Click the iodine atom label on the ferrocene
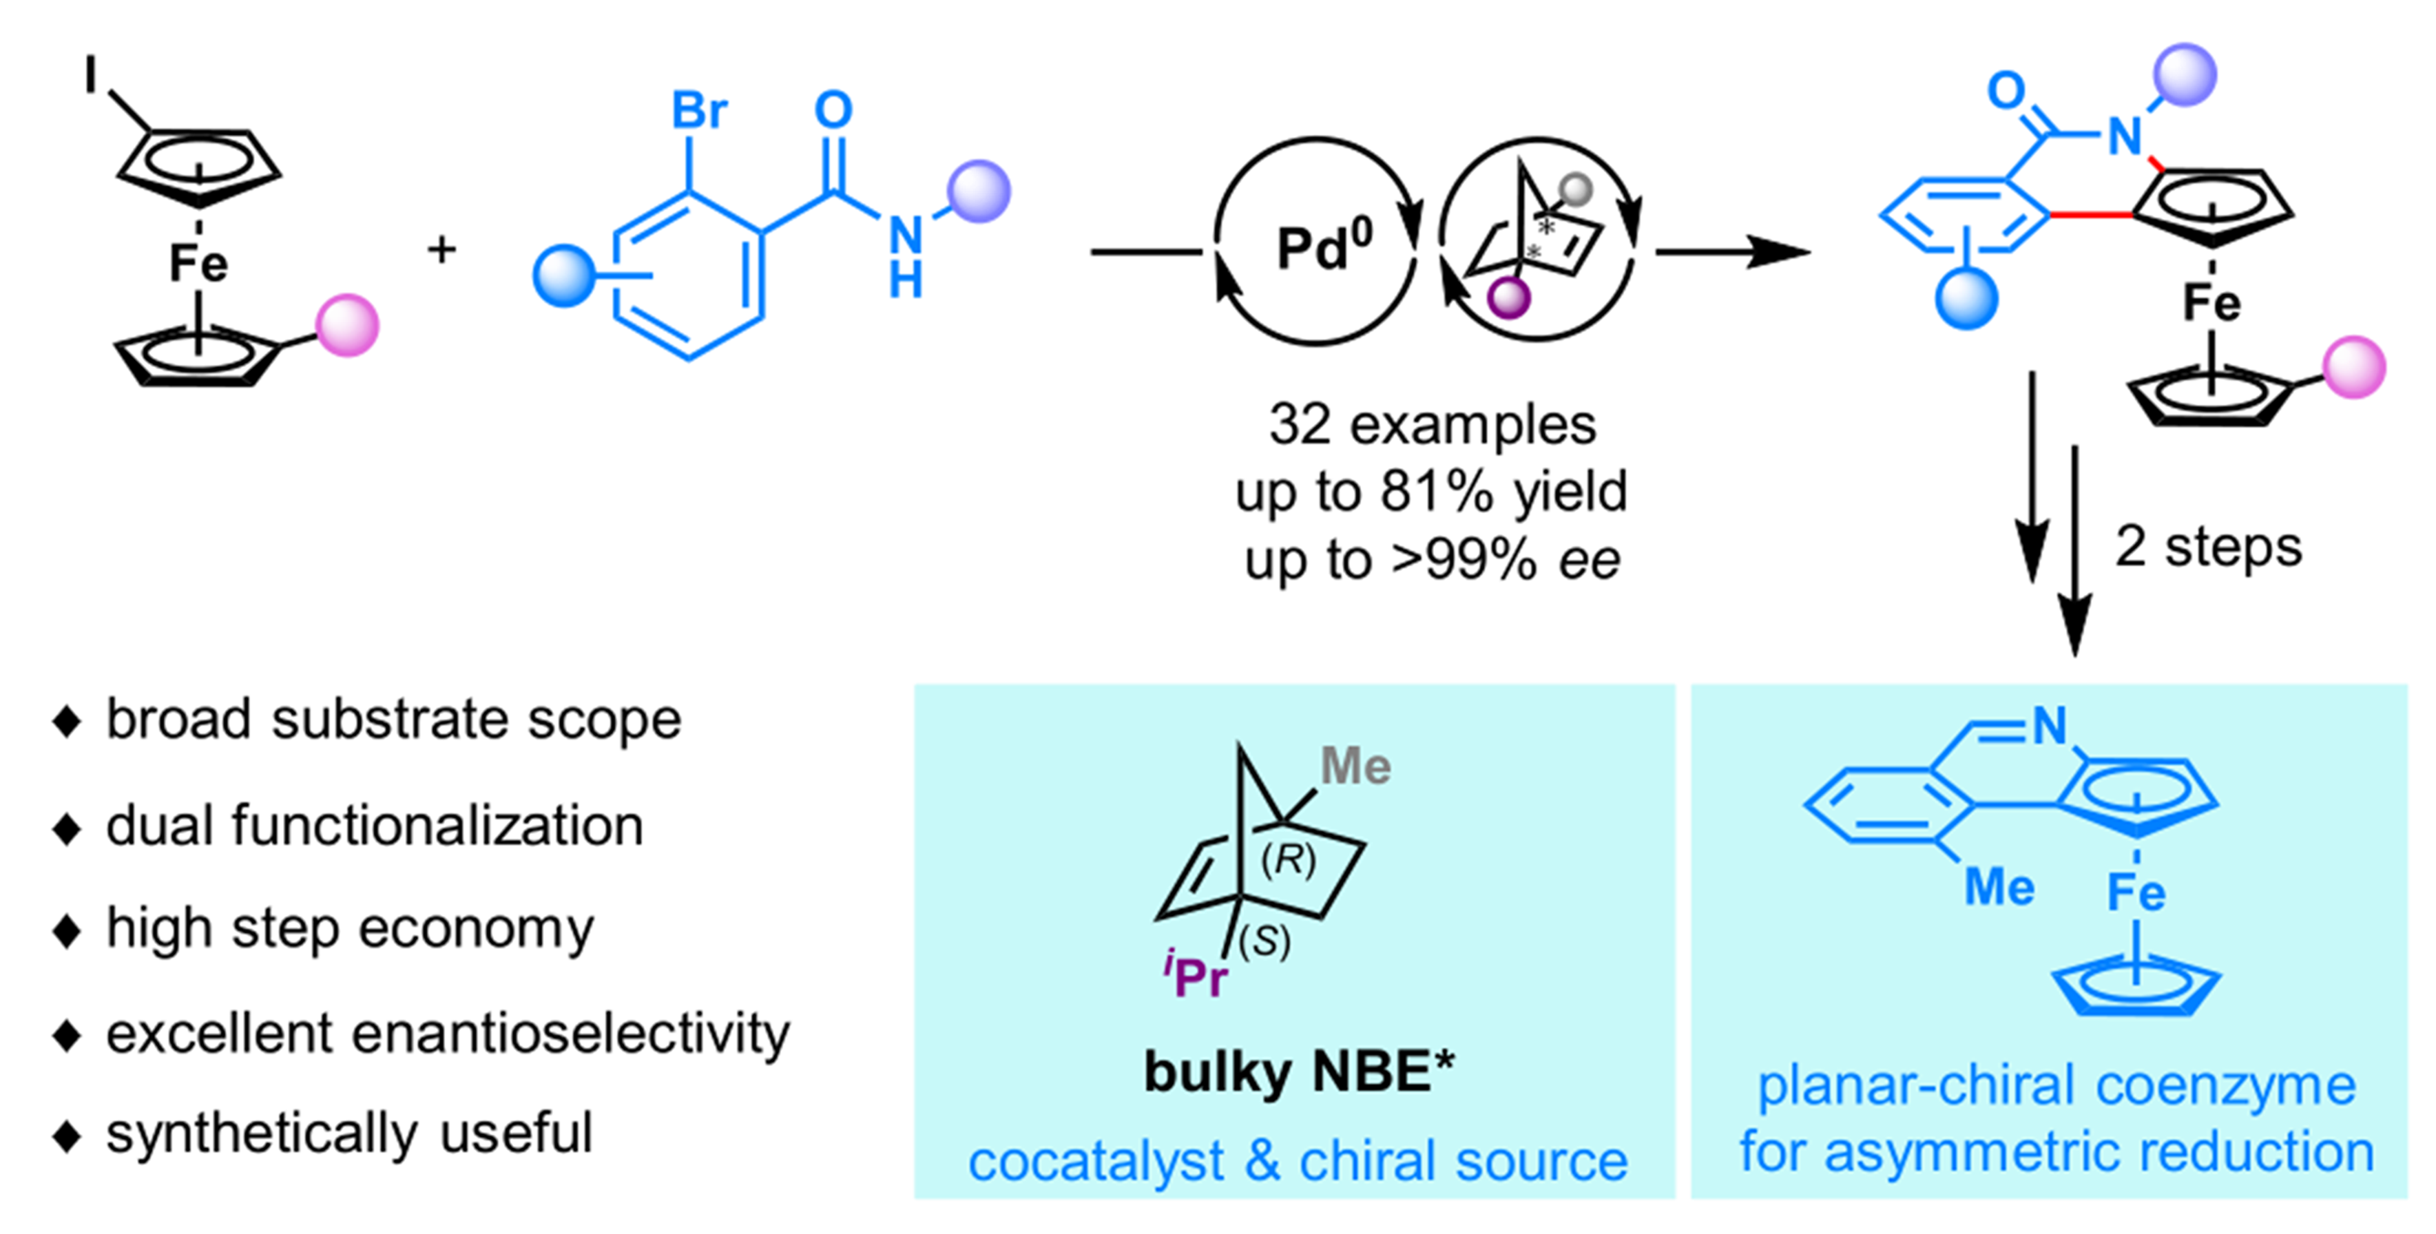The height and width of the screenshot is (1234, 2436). coord(91,74)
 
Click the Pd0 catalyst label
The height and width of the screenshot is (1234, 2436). coord(1322,248)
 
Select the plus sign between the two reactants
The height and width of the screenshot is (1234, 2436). coord(441,250)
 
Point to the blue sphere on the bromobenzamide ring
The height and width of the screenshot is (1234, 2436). coord(563,276)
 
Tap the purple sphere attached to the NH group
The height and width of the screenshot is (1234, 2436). coord(979,192)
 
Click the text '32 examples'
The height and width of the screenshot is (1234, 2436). coord(1432,425)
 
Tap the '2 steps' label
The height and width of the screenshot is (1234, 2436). coord(2208,547)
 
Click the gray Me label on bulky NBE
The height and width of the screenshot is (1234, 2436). coord(1355,766)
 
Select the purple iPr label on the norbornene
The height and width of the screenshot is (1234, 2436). coord(1196,976)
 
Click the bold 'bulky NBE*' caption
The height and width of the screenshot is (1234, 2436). coord(1298,1071)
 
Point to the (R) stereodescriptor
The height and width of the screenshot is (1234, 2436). coord(1288,859)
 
